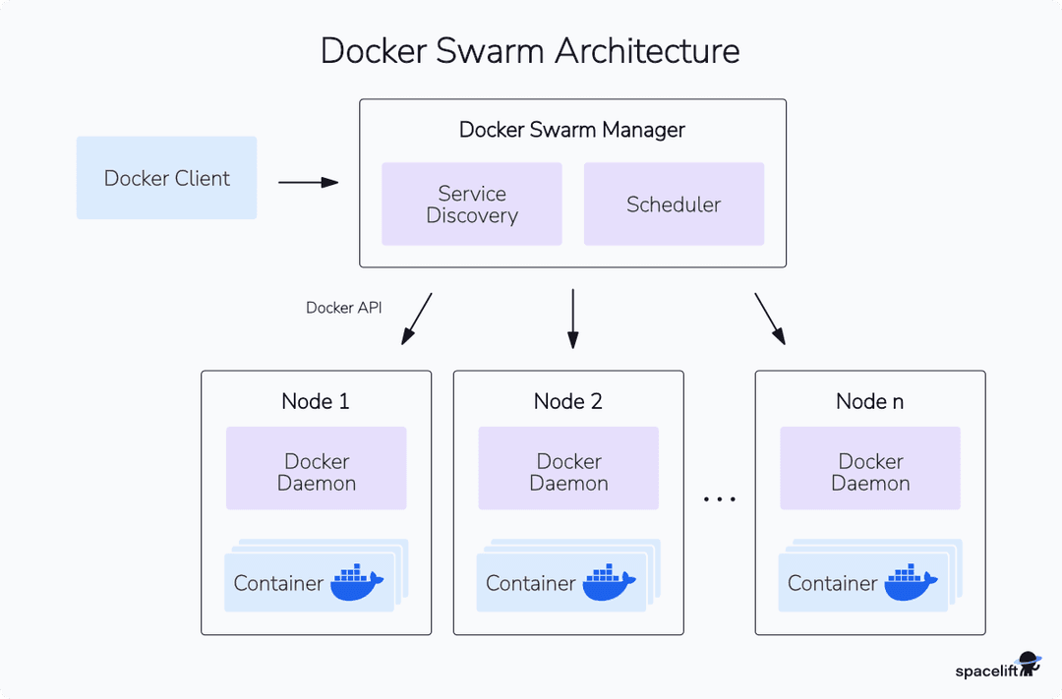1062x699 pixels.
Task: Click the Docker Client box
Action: coord(166,178)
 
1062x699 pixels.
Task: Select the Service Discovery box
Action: coord(472,204)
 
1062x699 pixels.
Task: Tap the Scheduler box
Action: coord(674,204)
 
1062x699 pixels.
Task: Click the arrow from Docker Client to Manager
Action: coord(308,182)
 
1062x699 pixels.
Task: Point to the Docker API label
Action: coord(344,308)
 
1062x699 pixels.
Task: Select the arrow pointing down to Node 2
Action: coord(572,319)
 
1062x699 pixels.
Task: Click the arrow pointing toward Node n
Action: coord(770,319)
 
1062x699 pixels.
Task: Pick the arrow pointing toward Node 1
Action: coord(416,319)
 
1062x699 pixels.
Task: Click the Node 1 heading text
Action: coord(316,401)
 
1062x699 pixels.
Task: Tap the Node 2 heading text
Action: coord(568,401)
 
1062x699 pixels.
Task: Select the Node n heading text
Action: coord(869,401)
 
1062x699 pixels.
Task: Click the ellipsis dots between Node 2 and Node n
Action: coord(720,500)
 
